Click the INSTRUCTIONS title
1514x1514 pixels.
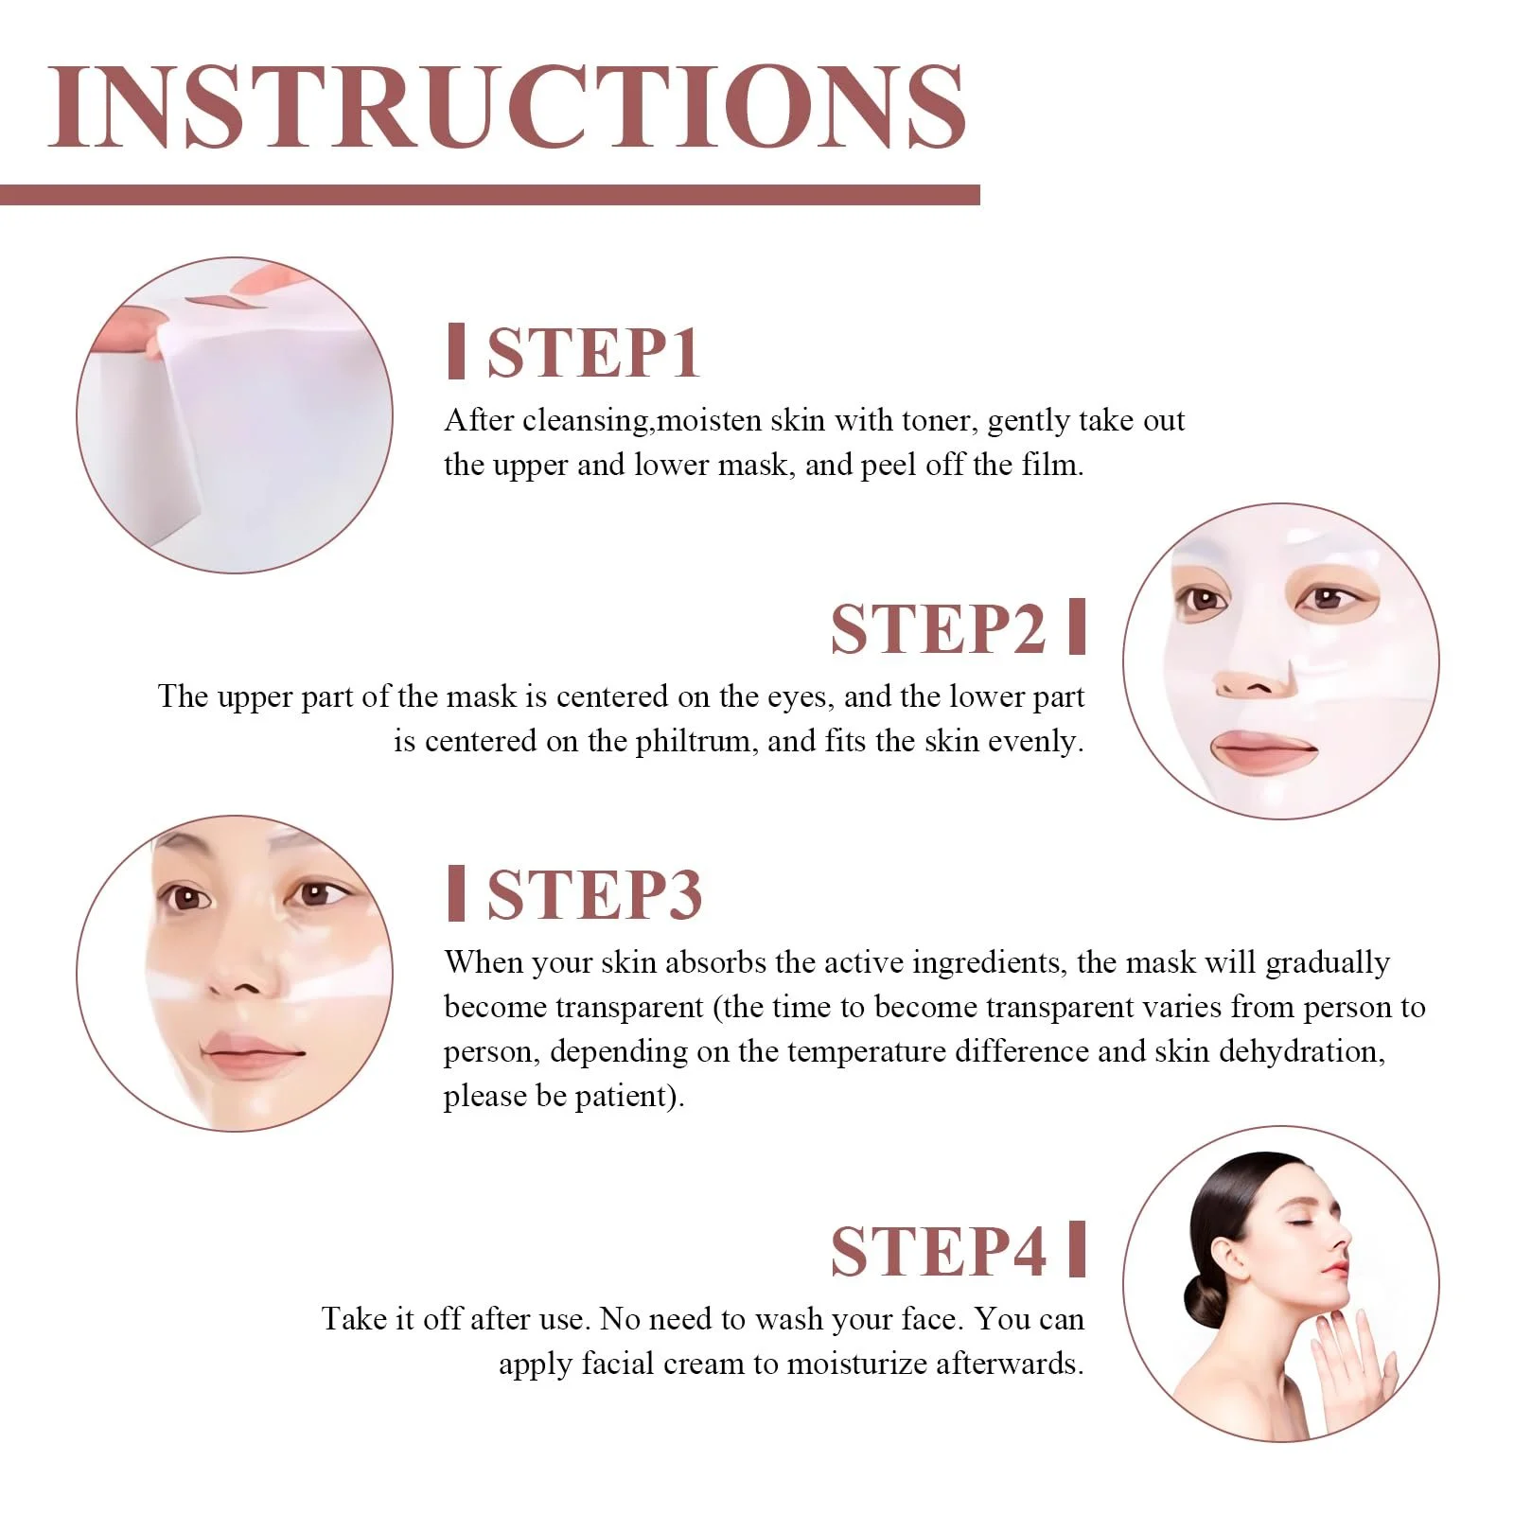[506, 106]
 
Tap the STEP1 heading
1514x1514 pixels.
[593, 353]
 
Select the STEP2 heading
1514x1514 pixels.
[939, 628]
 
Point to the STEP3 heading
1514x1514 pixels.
[594, 894]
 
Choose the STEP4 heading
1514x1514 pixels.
[939, 1251]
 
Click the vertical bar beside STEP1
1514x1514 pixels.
[456, 351]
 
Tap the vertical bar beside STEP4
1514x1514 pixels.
[1077, 1250]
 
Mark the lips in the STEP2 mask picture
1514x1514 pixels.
[1264, 750]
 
